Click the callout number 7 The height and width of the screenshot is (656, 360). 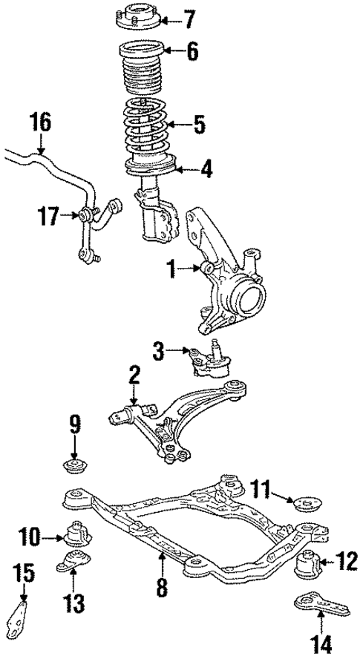tap(189, 17)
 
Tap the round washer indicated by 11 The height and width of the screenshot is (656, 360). tap(304, 504)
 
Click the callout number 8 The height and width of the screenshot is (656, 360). tap(163, 588)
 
